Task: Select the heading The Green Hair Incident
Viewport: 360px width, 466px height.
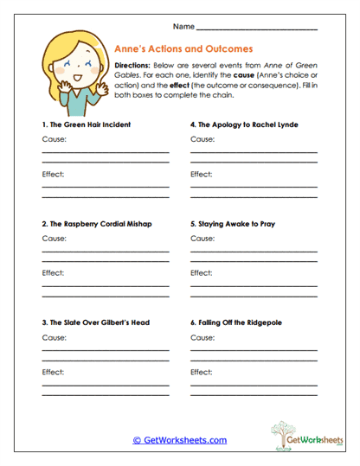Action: click(87, 124)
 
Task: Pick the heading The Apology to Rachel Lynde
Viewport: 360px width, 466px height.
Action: click(244, 124)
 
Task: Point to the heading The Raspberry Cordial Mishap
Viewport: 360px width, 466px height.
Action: click(97, 224)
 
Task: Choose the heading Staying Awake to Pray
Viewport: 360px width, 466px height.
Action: click(233, 224)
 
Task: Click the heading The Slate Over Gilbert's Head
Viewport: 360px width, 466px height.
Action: click(96, 322)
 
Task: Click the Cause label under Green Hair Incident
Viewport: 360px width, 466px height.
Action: click(53, 139)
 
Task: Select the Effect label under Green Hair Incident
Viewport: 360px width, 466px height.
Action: click(53, 174)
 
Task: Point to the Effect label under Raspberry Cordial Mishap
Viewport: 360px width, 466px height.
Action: click(53, 273)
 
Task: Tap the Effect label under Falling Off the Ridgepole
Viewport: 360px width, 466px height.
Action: click(202, 372)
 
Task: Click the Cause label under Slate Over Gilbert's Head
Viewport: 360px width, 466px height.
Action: click(53, 337)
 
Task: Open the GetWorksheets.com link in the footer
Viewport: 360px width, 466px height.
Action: click(179, 440)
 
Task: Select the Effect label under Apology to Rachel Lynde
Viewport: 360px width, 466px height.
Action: click(202, 174)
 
